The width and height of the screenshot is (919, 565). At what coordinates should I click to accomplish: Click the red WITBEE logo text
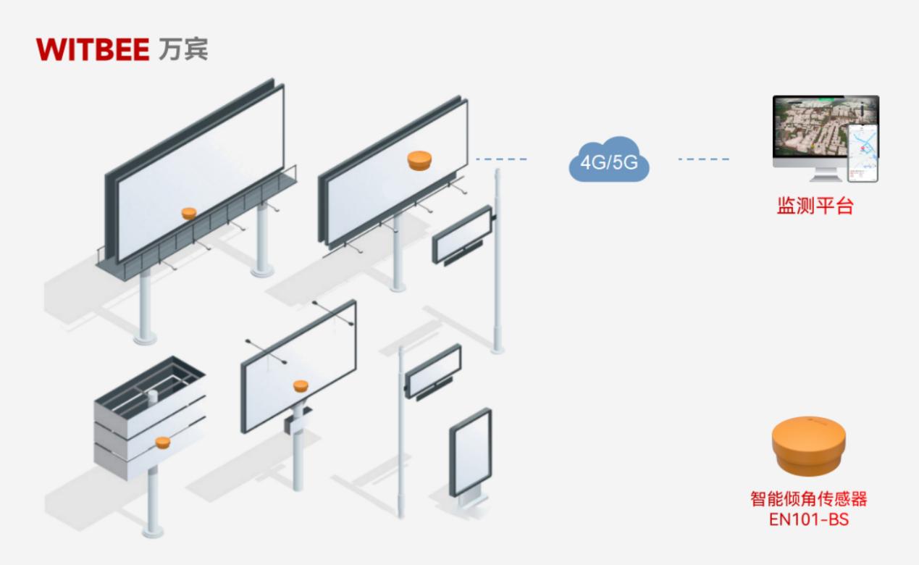(x=92, y=49)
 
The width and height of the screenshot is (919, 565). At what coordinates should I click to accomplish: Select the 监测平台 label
(x=815, y=206)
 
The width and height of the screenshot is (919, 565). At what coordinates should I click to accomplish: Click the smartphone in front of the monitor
(x=863, y=153)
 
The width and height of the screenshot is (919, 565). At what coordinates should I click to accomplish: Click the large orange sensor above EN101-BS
(x=808, y=443)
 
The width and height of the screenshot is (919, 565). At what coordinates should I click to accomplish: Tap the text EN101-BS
(x=808, y=519)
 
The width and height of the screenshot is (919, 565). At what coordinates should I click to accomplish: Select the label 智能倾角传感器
(x=808, y=499)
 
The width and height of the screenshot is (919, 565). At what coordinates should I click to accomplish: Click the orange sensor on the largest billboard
(x=188, y=213)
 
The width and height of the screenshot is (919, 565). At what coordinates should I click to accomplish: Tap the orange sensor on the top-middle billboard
(x=419, y=160)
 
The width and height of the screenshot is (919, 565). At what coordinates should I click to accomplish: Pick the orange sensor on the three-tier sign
(x=162, y=441)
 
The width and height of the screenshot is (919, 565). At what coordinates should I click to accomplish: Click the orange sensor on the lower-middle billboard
(x=300, y=385)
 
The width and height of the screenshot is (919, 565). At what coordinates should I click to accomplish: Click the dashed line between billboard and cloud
(x=501, y=159)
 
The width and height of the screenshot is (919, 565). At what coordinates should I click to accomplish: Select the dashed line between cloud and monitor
(x=703, y=159)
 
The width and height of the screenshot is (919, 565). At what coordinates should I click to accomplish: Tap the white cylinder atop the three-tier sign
(x=153, y=395)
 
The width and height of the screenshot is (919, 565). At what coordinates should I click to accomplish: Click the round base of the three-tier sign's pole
(x=152, y=533)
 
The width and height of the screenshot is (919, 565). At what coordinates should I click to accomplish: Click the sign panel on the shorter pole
(x=433, y=370)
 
